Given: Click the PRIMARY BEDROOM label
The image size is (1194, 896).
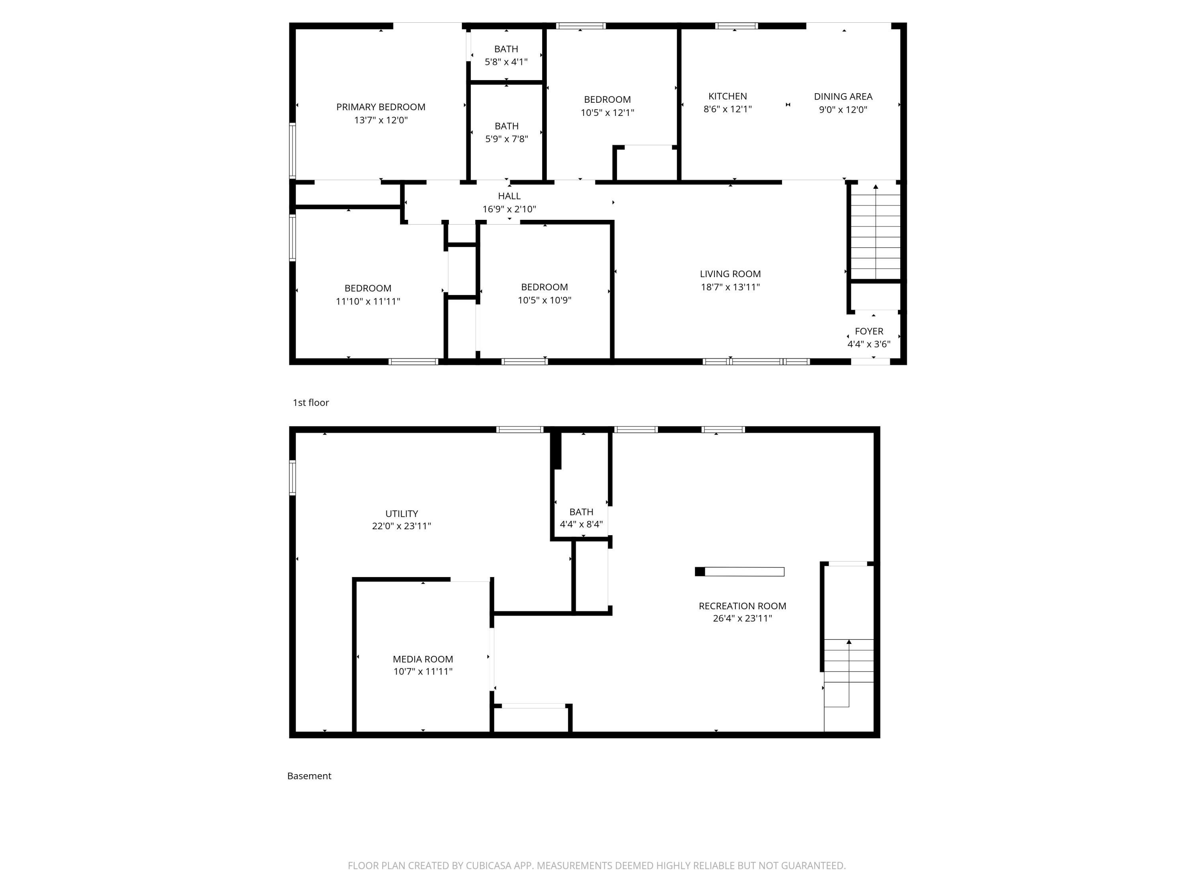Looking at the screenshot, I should [x=380, y=107].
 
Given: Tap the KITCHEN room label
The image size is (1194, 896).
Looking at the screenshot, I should [x=727, y=96].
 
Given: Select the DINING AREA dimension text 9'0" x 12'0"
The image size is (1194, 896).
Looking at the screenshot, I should [x=843, y=110].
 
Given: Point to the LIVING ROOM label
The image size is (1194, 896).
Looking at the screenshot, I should [x=730, y=274].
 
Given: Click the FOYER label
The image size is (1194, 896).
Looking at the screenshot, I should [x=868, y=331].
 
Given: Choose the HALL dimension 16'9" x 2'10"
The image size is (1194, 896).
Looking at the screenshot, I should [x=509, y=209].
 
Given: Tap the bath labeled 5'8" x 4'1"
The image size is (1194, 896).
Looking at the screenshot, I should [x=506, y=55].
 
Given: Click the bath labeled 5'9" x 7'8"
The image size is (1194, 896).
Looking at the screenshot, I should [x=506, y=132].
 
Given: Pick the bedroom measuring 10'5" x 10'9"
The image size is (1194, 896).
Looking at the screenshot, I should [x=544, y=293].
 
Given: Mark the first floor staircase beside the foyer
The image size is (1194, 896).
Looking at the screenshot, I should [x=875, y=232].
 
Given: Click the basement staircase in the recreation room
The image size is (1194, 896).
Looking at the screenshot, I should [x=848, y=673].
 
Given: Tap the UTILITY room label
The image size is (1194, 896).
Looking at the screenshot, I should [x=401, y=514].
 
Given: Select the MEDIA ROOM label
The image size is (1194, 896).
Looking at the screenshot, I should [x=423, y=659].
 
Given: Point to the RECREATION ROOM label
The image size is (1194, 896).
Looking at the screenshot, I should [x=741, y=606].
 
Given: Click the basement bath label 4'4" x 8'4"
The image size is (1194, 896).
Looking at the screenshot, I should [x=581, y=517].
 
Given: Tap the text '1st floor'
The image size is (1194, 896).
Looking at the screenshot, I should [x=310, y=402].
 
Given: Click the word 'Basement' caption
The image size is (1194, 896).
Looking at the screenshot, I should [x=309, y=776].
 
